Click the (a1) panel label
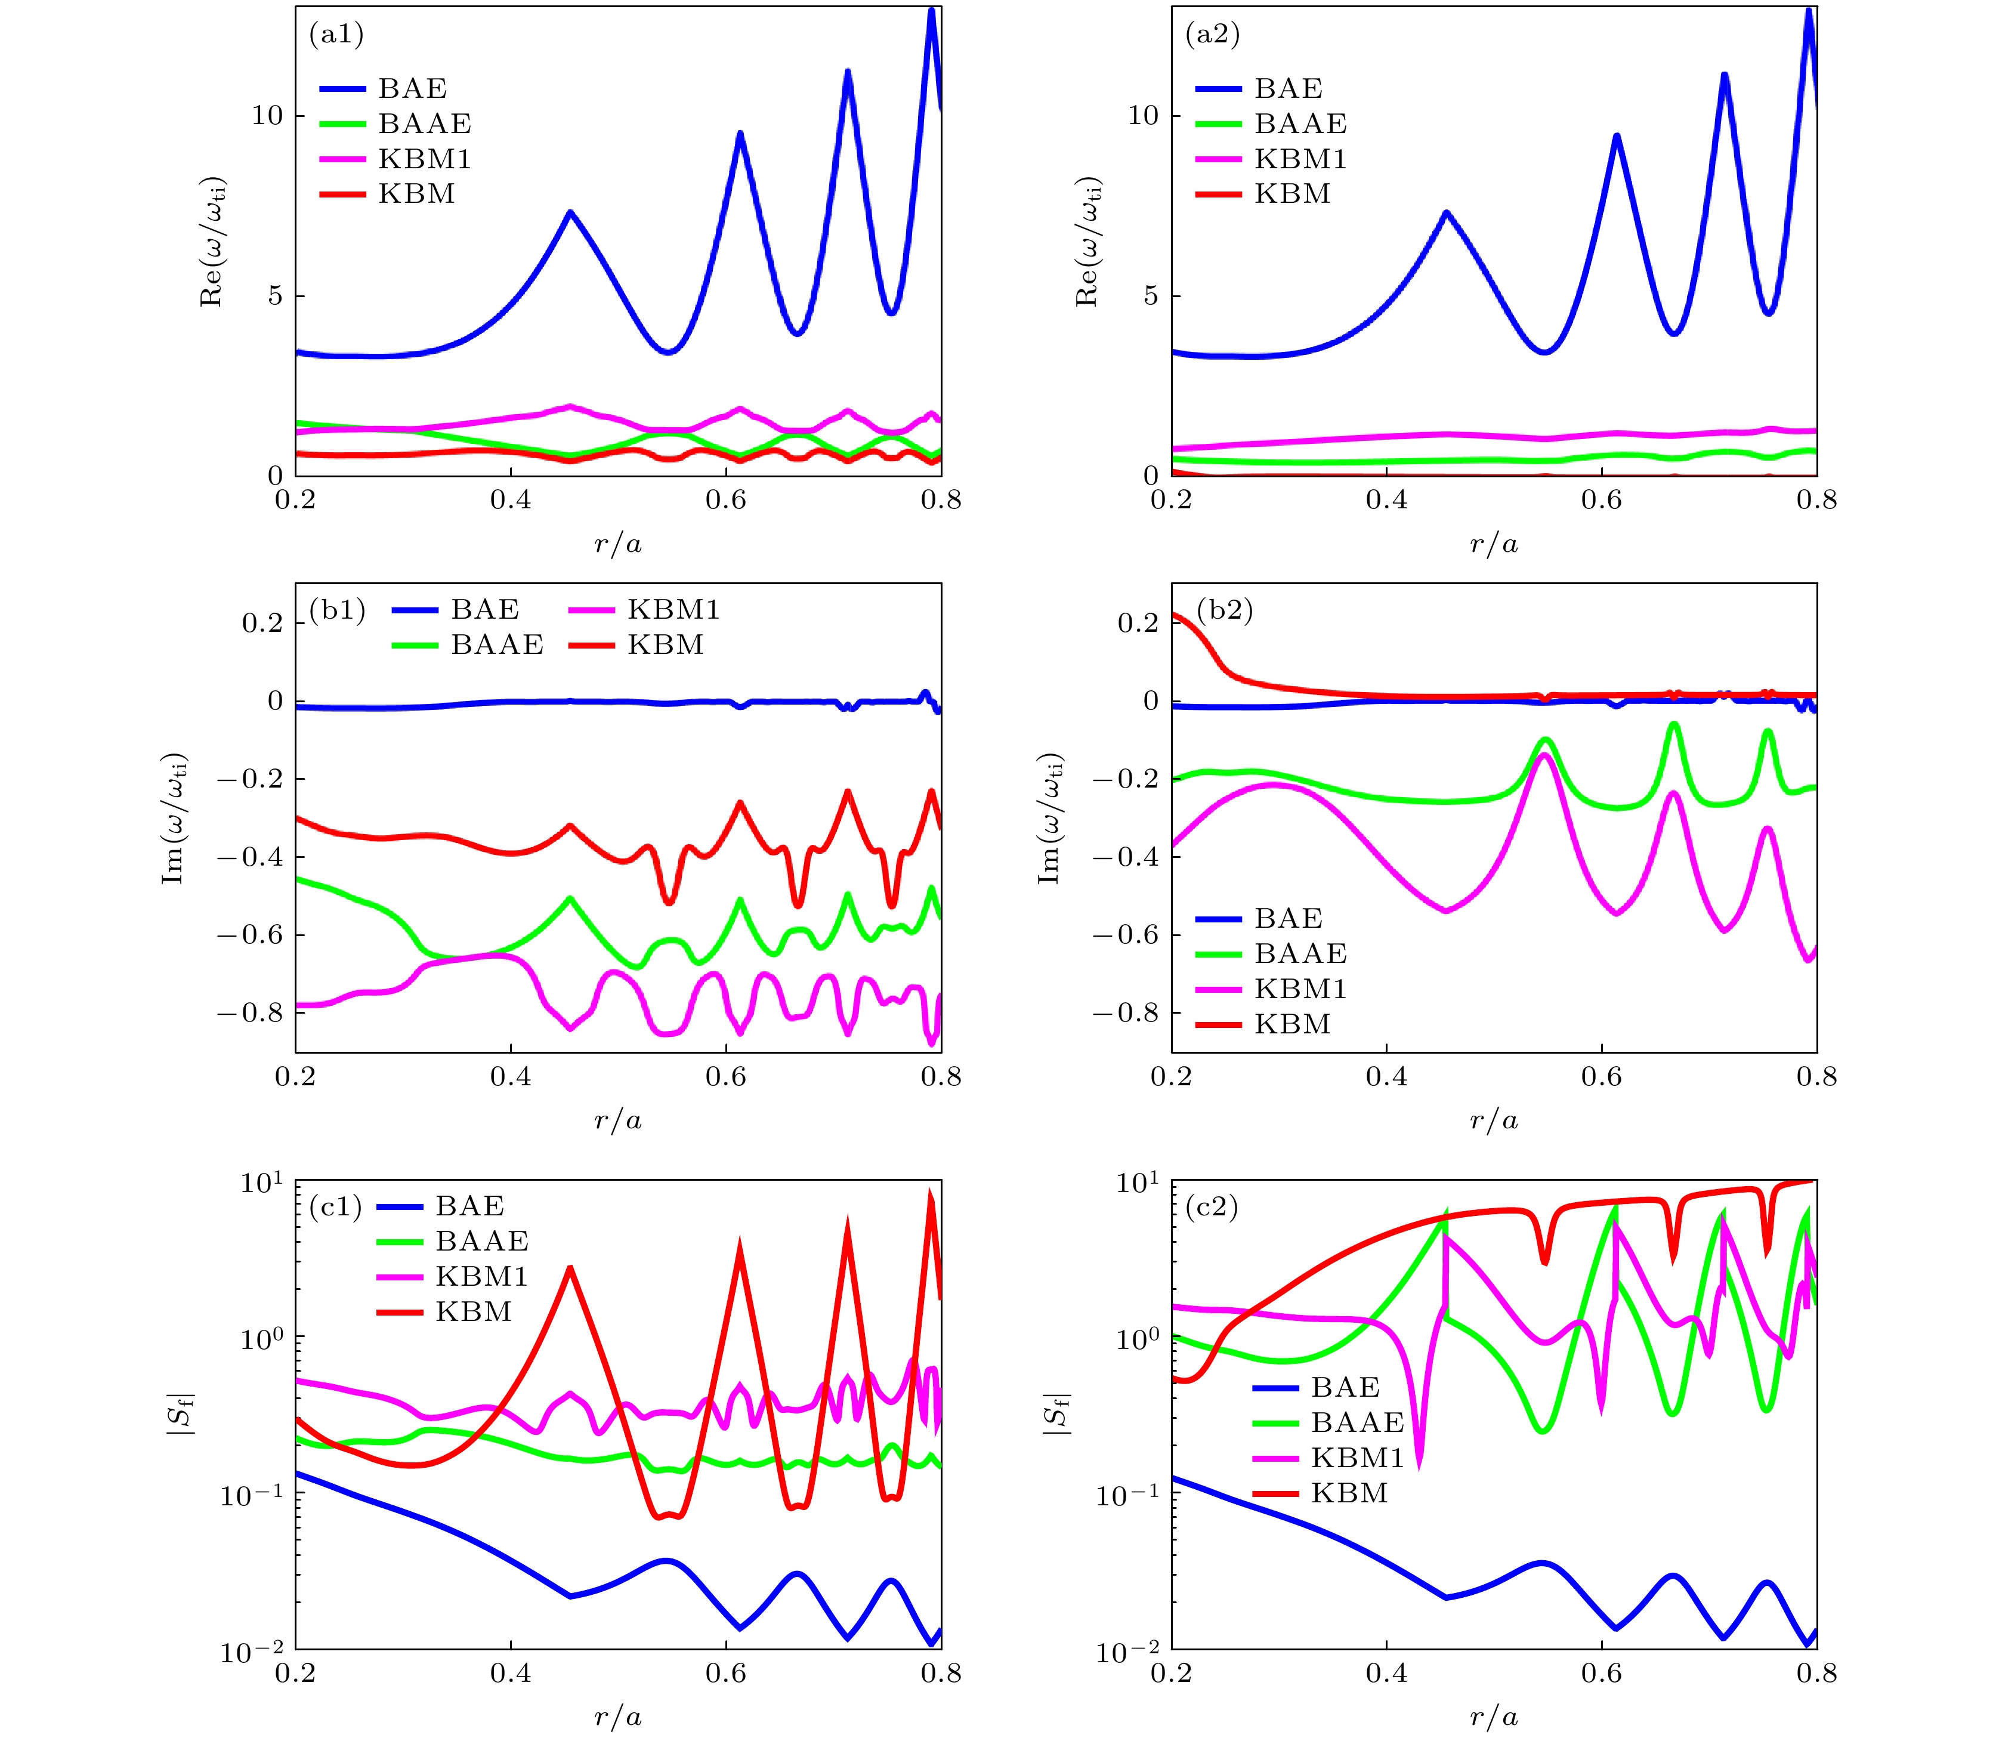[336, 35]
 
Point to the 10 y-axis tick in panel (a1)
[268, 115]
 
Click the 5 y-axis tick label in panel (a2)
[1151, 296]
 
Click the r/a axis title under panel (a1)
[618, 544]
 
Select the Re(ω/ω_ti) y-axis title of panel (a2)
[1088, 242]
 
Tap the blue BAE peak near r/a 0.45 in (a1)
[570, 212]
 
